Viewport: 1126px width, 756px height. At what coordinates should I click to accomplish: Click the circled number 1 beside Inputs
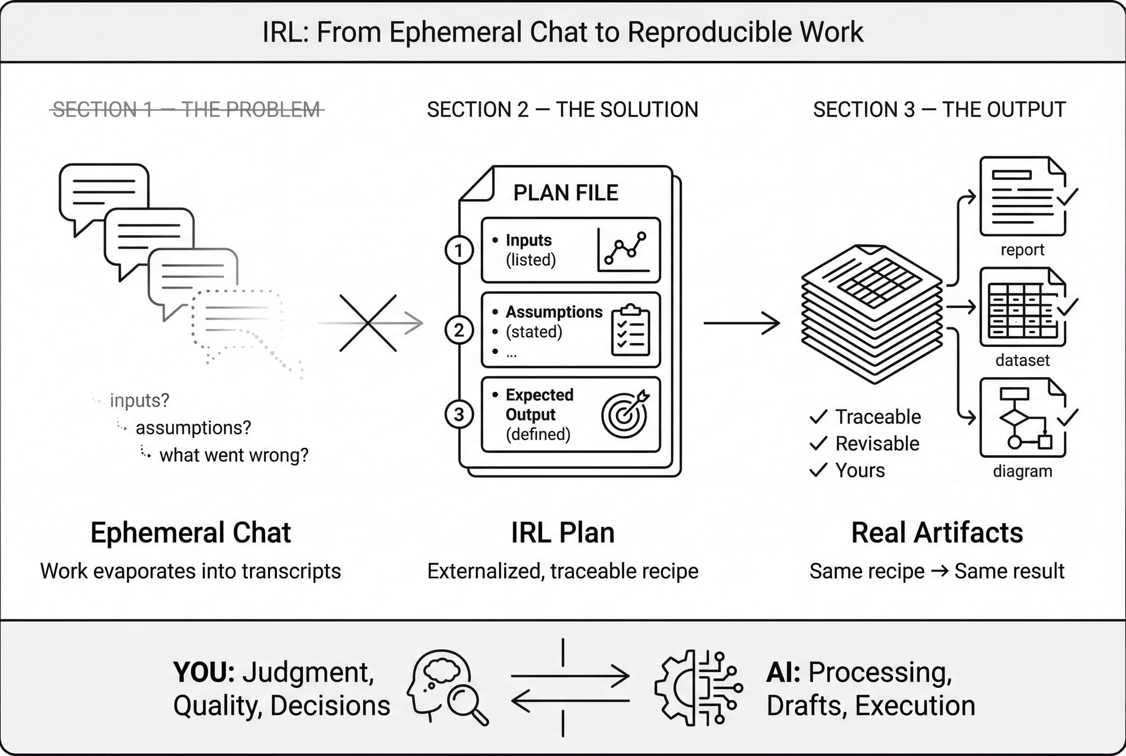click(x=459, y=250)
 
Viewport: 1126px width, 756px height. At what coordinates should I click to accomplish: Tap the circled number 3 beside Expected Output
click(x=459, y=414)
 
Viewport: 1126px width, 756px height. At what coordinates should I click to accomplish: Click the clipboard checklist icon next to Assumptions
click(x=631, y=330)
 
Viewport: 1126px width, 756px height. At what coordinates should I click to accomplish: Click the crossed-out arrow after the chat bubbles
click(x=368, y=323)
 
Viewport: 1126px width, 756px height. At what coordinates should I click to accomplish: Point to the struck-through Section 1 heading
click(x=187, y=109)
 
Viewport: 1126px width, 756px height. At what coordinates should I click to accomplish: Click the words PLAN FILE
click(x=565, y=193)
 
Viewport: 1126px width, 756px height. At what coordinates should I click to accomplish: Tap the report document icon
click(x=1023, y=196)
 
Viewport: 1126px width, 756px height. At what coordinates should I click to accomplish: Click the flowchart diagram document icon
click(x=1023, y=418)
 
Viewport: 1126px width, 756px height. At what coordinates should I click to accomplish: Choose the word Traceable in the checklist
click(x=878, y=417)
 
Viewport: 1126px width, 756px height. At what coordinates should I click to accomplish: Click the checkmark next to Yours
click(x=818, y=470)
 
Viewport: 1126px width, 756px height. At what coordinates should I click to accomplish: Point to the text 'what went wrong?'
click(x=234, y=455)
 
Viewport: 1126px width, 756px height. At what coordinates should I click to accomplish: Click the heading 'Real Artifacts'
click(x=937, y=533)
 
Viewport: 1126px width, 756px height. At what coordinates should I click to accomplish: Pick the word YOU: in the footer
click(x=204, y=672)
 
